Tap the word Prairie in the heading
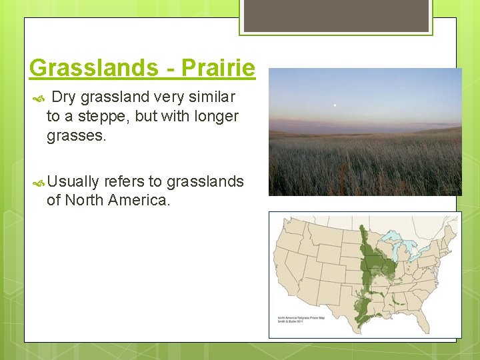click(218, 68)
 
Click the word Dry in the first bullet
click(63, 97)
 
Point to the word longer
click(215, 117)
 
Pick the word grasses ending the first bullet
click(75, 136)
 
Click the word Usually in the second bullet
click(73, 181)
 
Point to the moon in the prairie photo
click(334, 103)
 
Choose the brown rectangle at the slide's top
click(335, 15)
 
